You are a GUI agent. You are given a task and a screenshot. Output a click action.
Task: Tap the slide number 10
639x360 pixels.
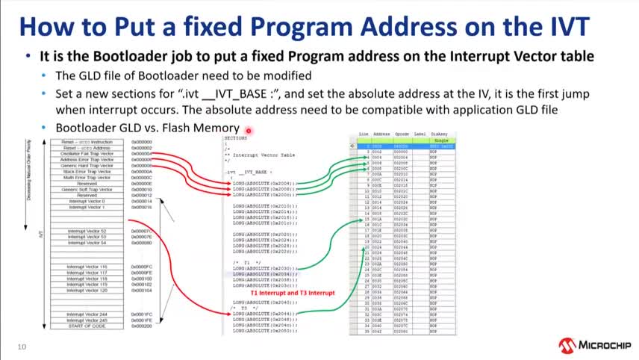(x=22, y=347)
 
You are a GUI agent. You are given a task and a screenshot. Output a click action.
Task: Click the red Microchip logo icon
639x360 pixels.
(x=567, y=345)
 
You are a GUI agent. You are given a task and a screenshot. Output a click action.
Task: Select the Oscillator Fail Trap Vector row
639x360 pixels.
(x=88, y=154)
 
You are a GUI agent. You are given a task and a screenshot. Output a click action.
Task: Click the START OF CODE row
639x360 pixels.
(x=88, y=326)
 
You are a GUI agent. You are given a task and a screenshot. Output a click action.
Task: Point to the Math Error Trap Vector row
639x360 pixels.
(x=88, y=177)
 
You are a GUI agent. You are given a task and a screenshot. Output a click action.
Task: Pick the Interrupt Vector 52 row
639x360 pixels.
(x=88, y=232)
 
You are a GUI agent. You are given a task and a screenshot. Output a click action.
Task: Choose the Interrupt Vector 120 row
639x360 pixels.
(x=88, y=290)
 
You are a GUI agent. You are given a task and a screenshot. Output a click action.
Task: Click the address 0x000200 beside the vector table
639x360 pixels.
(x=142, y=326)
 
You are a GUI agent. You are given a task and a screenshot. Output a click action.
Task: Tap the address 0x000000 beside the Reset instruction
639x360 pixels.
(x=142, y=142)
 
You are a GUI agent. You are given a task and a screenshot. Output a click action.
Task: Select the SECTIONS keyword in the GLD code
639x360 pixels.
(x=236, y=138)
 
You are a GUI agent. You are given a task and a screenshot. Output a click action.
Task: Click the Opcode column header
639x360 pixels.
(x=402, y=134)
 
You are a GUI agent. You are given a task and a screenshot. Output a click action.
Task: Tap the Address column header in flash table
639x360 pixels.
(x=381, y=134)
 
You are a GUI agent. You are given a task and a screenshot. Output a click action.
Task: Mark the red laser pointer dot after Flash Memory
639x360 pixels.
(x=246, y=129)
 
